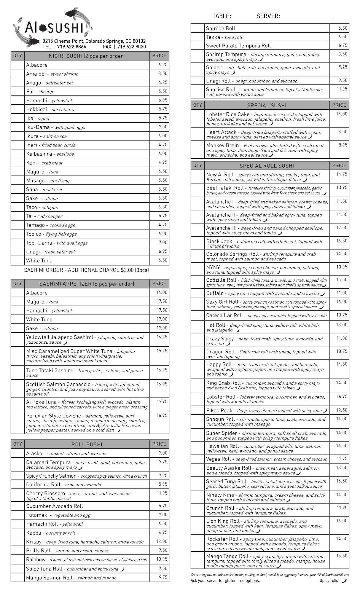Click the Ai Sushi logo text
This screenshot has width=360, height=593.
(x=54, y=28)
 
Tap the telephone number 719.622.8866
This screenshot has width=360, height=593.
(x=71, y=47)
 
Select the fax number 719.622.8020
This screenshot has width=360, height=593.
(x=131, y=47)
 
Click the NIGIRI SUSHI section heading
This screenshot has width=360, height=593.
(x=87, y=56)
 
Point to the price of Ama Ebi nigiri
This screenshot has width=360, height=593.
(x=163, y=73)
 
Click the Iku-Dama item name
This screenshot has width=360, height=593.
(x=38, y=127)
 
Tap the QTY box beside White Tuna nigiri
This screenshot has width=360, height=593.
(x=17, y=261)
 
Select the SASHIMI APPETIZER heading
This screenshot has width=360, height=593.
(x=87, y=284)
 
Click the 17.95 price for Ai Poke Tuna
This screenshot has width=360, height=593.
(x=162, y=401)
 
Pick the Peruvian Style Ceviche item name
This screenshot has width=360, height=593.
(x=53, y=416)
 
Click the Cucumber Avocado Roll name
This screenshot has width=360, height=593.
(x=55, y=506)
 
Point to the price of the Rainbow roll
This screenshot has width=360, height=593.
(x=162, y=559)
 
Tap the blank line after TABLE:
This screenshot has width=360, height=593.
(x=242, y=17)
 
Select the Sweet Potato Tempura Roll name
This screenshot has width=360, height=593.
(x=238, y=46)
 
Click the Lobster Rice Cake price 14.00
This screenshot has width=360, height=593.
(x=342, y=114)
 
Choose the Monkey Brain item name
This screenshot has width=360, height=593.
(x=222, y=145)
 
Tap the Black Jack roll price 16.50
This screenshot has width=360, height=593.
(x=342, y=241)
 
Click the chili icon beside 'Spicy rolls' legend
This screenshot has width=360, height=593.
(x=344, y=580)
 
